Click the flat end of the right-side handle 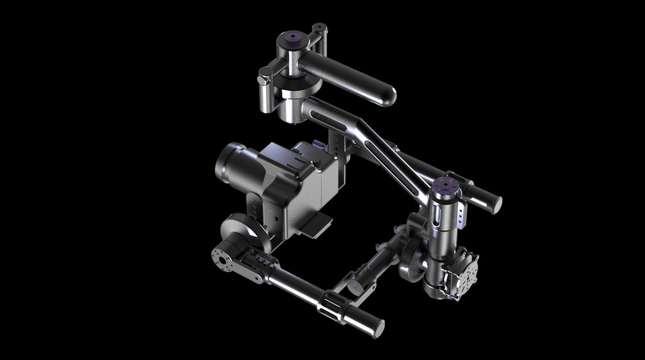(494, 202)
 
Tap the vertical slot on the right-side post (437, 215)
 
